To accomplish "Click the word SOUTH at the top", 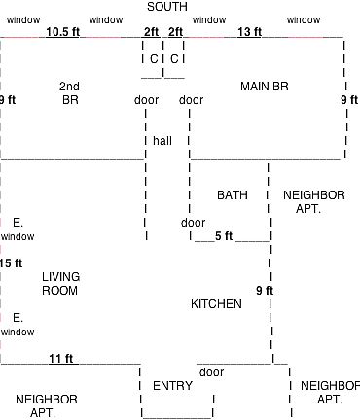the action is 167,7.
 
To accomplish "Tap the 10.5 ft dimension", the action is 62,32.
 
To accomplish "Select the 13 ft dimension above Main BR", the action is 249,32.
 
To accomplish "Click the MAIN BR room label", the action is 265,87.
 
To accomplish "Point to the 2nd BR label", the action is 69,93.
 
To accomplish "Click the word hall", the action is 162,141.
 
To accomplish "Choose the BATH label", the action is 233,195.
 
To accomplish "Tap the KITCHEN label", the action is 216,304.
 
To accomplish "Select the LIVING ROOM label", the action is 60,284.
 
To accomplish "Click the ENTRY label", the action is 172,386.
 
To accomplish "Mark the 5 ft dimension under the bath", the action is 224,236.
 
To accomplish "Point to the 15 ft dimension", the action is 11,263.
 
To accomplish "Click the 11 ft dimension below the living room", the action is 61,359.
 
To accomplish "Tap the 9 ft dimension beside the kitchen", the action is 265,291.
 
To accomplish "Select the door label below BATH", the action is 193,223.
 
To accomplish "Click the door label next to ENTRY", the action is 211,372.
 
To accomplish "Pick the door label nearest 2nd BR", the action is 146,100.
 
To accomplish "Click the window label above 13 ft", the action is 209,20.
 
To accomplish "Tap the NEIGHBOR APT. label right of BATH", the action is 314,202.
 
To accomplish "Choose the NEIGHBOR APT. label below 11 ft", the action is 47,406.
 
